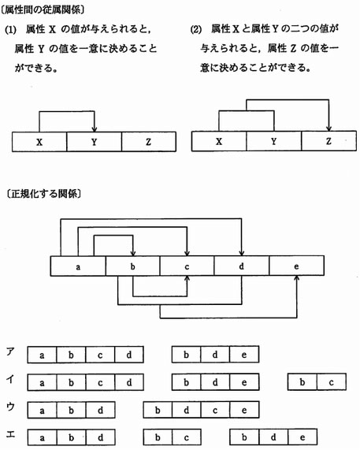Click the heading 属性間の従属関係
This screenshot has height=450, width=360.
(43, 9)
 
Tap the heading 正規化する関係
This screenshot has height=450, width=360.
(44, 194)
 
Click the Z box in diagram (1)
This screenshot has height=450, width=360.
(149, 142)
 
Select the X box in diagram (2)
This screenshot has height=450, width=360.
(219, 141)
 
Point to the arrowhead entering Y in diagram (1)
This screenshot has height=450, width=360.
(94, 129)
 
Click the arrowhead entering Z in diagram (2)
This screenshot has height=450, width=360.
(328, 128)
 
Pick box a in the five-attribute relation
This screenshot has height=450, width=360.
(78, 266)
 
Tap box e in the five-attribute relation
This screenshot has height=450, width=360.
(297, 266)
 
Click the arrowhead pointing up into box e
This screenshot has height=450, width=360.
(297, 279)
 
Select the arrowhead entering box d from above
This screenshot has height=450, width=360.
(242, 253)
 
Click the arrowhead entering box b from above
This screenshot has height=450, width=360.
(132, 253)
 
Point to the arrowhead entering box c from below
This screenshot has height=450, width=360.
(187, 279)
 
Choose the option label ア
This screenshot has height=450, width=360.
(10, 351)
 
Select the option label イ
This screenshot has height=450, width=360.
(10, 379)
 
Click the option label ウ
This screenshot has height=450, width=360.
(10, 407)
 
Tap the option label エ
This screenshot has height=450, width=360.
(10, 434)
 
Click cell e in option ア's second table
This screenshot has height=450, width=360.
(244, 355)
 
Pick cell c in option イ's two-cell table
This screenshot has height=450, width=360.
(332, 382)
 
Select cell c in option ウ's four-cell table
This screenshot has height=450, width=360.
(215, 410)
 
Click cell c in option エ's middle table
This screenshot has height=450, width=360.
(187, 437)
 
